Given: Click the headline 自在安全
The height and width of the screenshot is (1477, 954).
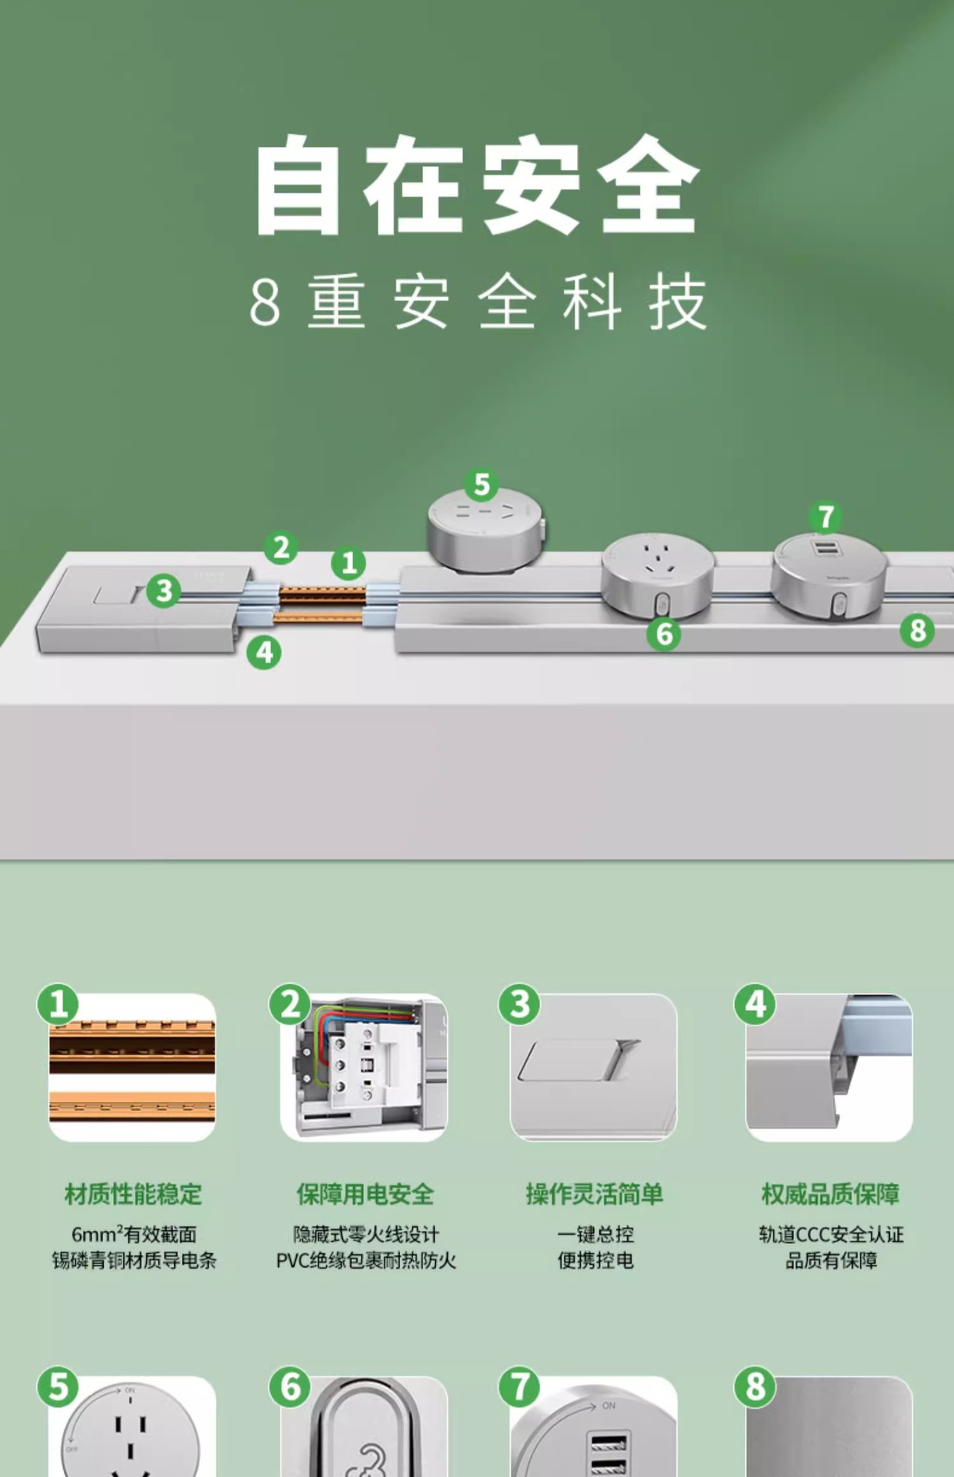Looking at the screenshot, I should (477, 185).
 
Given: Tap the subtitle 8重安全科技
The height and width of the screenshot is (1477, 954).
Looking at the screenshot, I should (477, 302).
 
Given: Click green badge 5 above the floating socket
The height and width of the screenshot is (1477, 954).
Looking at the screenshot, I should (482, 485).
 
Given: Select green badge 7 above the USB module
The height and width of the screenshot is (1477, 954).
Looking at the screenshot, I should (826, 517).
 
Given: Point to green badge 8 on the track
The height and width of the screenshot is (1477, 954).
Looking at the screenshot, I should (917, 631).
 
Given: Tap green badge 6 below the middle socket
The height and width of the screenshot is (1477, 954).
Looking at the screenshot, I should (664, 634).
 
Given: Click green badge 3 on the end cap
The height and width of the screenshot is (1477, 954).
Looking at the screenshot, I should (164, 591).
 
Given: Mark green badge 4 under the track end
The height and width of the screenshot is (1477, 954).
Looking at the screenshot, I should (264, 652).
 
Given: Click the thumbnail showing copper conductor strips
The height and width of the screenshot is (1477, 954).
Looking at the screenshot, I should (132, 1068).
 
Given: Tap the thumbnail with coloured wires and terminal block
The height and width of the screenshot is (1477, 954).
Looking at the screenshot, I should (364, 1068).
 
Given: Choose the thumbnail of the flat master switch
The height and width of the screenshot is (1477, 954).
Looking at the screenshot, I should (594, 1068).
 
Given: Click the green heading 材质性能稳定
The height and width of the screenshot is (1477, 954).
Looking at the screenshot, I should (133, 1194).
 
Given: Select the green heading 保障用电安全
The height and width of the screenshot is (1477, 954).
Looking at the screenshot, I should (365, 1194).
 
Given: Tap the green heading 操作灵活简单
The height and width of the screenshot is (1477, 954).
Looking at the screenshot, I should (595, 1194).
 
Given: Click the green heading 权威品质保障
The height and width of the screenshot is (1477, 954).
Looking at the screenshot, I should (830, 1194).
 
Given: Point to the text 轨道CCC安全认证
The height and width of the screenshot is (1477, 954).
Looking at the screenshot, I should (831, 1235).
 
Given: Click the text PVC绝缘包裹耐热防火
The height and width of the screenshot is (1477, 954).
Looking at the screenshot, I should (366, 1261).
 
